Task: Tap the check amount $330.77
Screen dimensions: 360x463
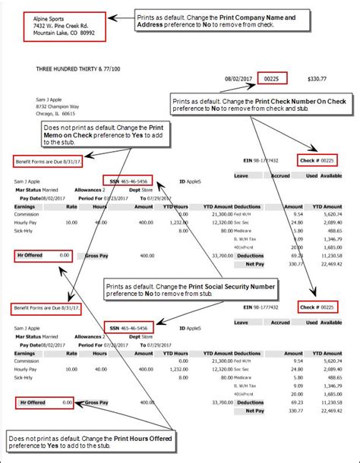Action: [317, 78]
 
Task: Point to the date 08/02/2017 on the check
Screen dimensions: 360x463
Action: [238, 78]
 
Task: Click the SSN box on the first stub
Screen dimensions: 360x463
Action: [128, 181]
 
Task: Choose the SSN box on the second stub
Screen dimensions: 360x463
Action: [128, 326]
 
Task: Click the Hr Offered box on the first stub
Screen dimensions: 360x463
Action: [44, 257]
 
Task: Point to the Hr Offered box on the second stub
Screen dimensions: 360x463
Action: [44, 402]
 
